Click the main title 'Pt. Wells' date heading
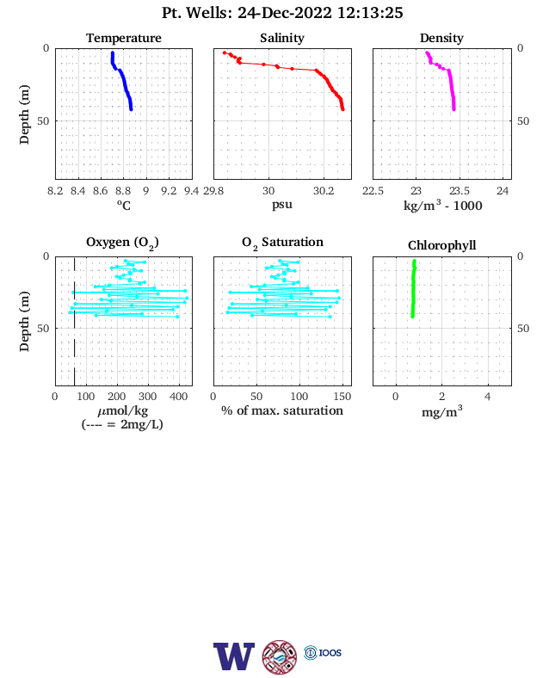[x=282, y=13]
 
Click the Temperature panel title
[x=124, y=38]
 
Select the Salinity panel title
[x=282, y=38]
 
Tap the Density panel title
[x=441, y=38]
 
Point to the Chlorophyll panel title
[x=441, y=245]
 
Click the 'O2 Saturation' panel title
[x=282, y=243]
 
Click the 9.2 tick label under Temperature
[x=169, y=191]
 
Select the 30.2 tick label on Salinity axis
[x=324, y=191]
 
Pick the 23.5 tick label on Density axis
[x=460, y=191]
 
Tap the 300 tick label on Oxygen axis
[x=148, y=397]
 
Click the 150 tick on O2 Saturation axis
[x=342, y=397]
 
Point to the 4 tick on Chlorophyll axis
[x=488, y=397]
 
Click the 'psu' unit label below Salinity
[x=282, y=205]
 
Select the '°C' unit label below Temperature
[x=124, y=206]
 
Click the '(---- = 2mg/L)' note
[x=122, y=424]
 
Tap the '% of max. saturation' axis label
[x=282, y=410]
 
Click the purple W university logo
[x=234, y=656]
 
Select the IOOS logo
[x=323, y=652]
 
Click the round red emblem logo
[x=280, y=656]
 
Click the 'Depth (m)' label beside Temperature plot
[x=24, y=114]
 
